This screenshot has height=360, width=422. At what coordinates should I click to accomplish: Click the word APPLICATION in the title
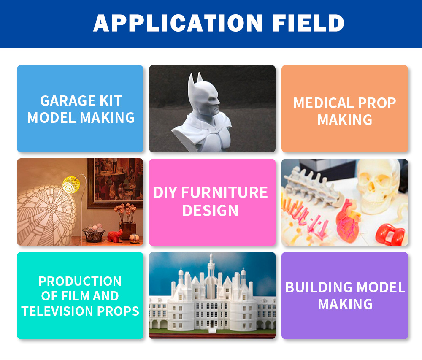tap(178, 23)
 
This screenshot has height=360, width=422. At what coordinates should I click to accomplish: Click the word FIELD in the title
tap(308, 23)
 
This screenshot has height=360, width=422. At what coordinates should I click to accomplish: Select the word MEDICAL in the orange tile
tap(323, 103)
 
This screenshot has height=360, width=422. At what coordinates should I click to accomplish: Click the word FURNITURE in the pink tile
tap(225, 192)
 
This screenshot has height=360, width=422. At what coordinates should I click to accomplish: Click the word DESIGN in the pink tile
tap(210, 211)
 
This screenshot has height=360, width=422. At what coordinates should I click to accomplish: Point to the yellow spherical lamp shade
tap(71, 184)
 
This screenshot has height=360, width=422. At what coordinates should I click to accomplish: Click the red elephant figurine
tap(115, 235)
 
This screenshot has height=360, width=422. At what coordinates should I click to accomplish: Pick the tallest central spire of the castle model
tap(211, 266)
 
